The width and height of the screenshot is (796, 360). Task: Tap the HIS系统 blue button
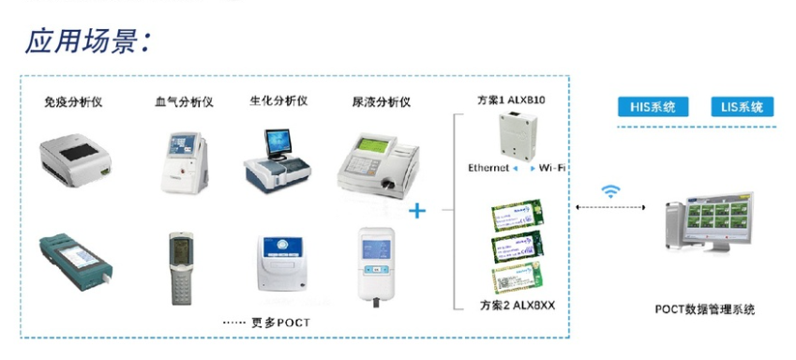(653, 107)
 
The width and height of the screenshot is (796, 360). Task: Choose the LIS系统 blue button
(743, 107)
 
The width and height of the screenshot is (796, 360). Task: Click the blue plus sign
(417, 211)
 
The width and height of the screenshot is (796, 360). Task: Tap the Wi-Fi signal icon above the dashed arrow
(611, 191)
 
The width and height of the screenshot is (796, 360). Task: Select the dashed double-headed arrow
(610, 207)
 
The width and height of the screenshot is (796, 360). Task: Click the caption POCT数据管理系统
(704, 309)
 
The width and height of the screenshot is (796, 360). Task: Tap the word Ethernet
(489, 168)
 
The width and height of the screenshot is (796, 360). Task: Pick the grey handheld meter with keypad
(181, 266)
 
